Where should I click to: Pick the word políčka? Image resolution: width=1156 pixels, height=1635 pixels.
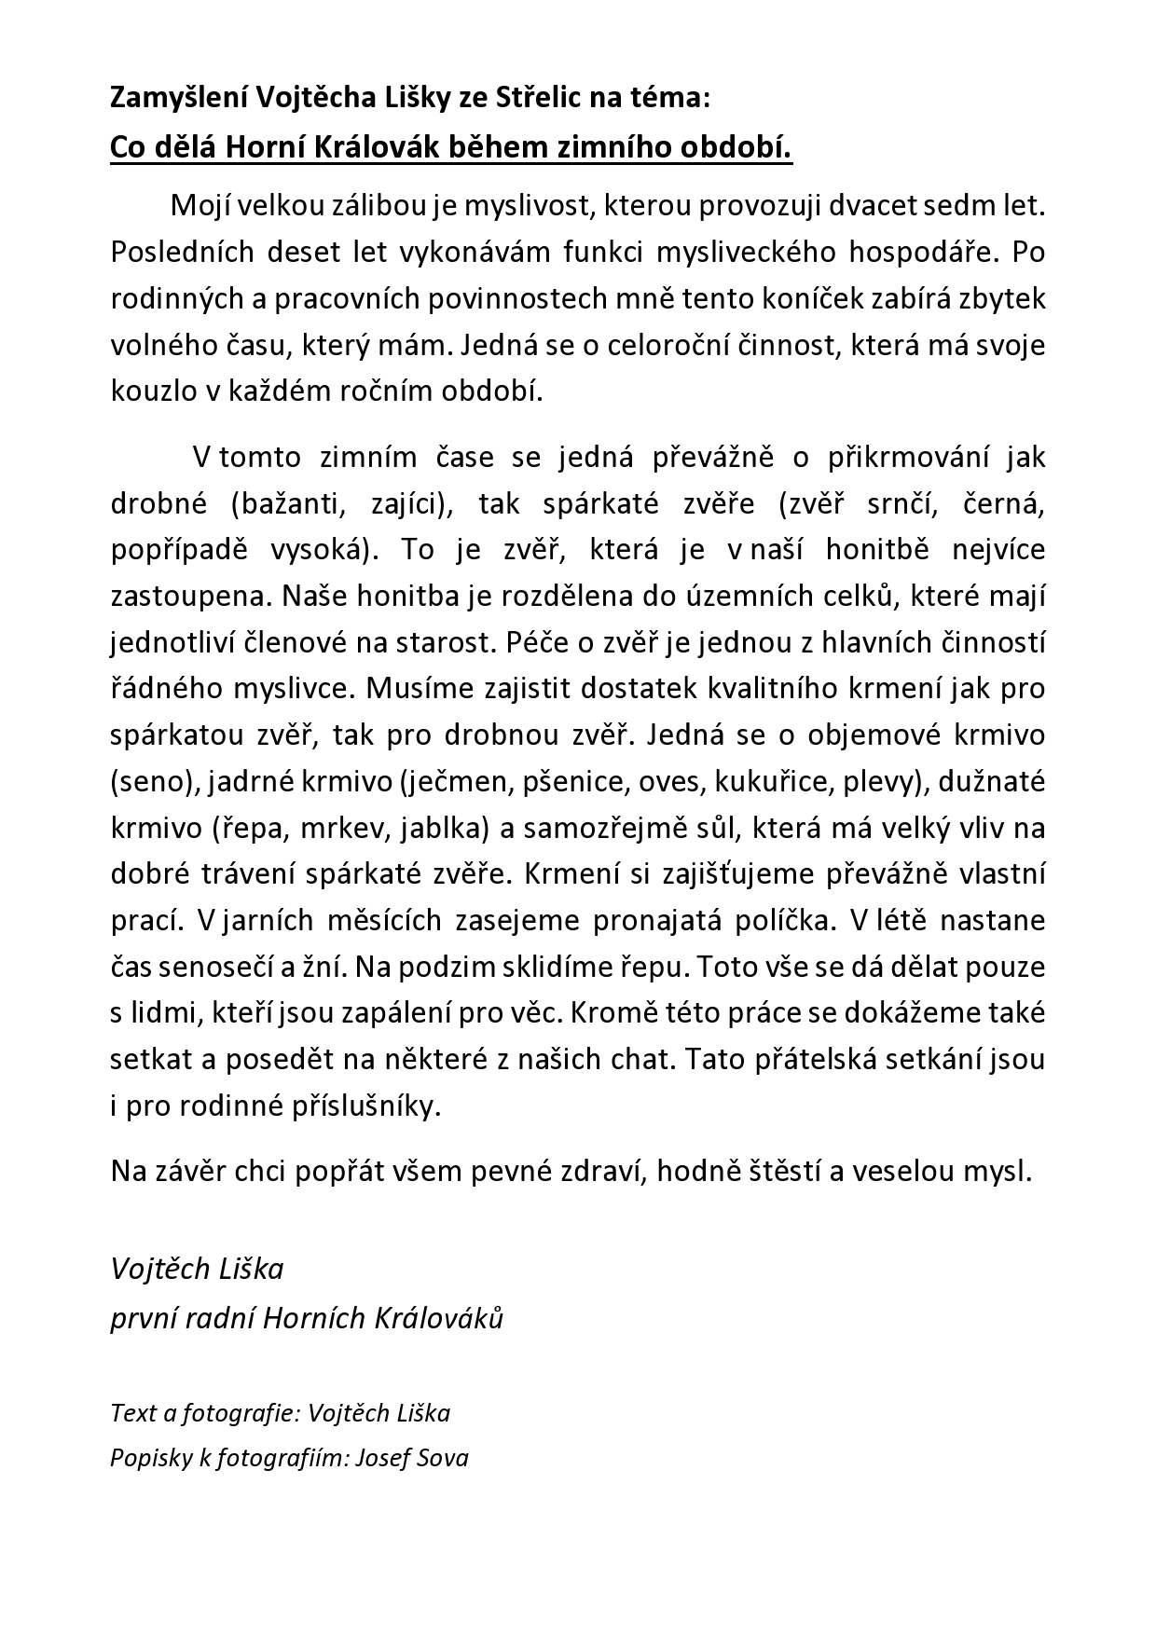coord(780,920)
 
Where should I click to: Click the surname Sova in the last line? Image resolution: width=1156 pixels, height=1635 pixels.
coord(444,1457)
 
